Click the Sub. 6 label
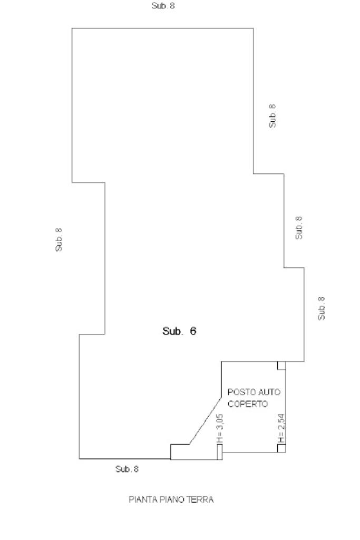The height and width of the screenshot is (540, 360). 179,332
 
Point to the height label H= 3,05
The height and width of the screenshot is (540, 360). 220,428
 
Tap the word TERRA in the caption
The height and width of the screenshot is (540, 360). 201,499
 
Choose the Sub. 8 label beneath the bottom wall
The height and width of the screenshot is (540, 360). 127,469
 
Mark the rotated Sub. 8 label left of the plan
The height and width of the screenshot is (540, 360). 59,239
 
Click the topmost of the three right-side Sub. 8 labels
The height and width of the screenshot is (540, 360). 272,115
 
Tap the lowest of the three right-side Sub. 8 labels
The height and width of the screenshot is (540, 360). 322,307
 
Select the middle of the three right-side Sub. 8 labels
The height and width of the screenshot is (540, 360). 299,228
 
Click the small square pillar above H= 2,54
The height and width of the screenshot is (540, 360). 281,365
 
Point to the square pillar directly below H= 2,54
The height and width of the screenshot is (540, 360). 281,448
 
